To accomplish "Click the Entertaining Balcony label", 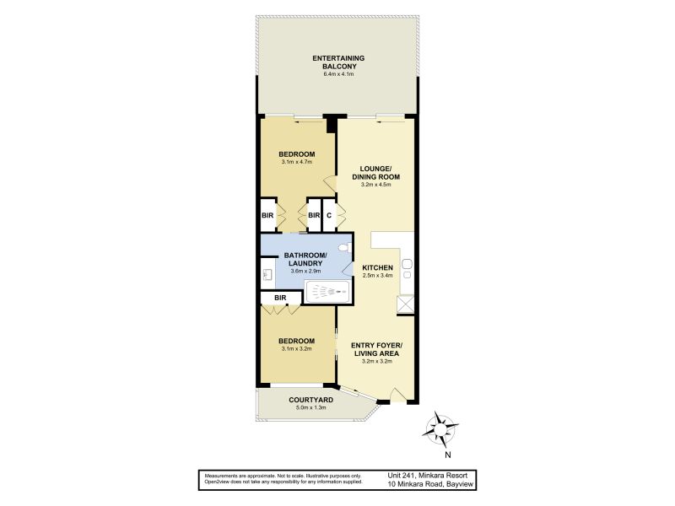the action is (x=338, y=62).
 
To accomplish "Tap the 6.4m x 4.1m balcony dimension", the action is (x=338, y=74).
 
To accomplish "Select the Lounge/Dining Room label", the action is (x=375, y=173).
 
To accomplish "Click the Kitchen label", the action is (x=377, y=267).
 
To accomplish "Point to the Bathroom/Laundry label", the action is (x=305, y=259).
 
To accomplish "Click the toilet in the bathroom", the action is (x=345, y=249).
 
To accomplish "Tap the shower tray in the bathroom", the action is (x=327, y=292).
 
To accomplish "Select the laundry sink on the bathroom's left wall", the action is (x=267, y=273).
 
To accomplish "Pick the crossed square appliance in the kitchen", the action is (x=405, y=304).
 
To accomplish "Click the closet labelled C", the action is (x=329, y=215).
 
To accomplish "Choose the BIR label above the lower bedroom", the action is (x=280, y=298).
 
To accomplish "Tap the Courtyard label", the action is (x=310, y=400).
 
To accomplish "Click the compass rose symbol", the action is (x=440, y=429).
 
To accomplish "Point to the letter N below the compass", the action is (x=448, y=455).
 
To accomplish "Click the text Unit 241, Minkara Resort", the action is (x=427, y=476).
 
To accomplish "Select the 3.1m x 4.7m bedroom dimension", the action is (x=297, y=162).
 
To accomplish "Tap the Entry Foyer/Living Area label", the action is (x=376, y=349).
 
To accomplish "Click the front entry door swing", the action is (x=397, y=395).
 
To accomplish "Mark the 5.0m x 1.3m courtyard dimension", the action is (x=310, y=407).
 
